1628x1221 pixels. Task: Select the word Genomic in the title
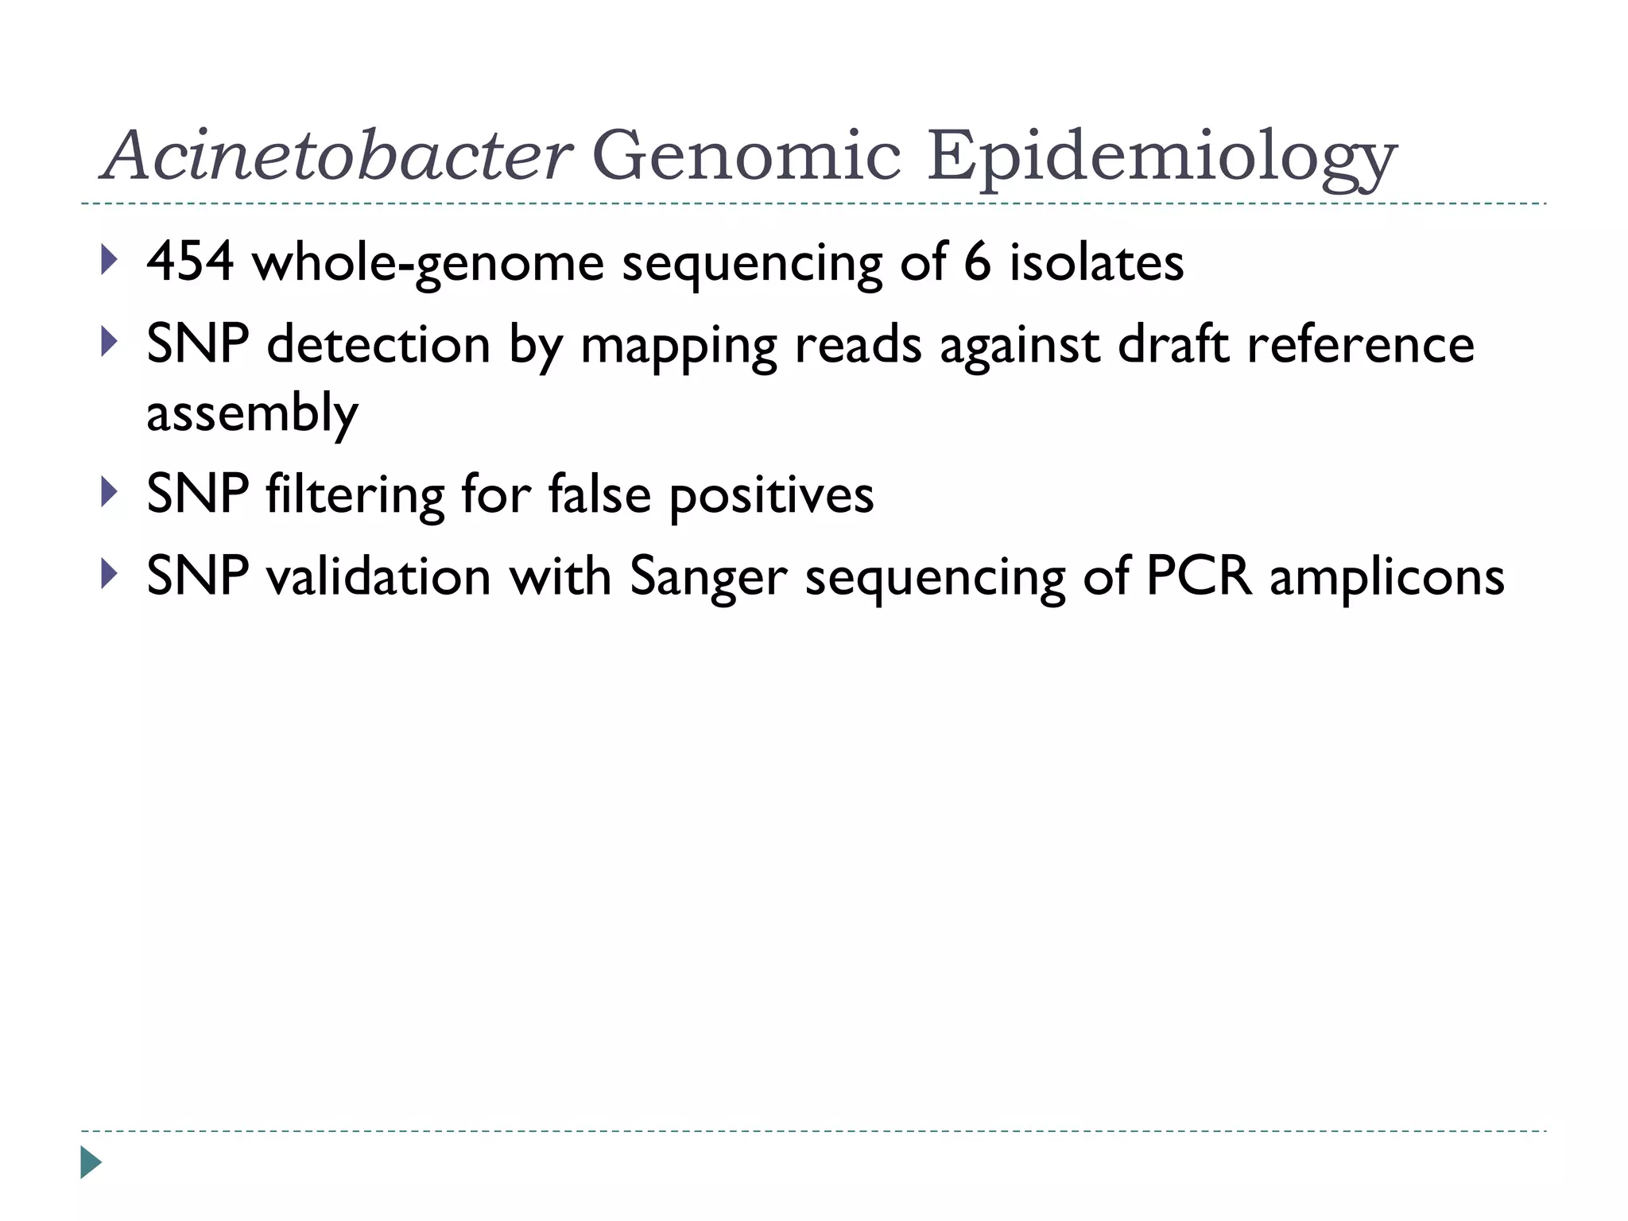coord(746,155)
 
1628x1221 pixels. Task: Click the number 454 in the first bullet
coord(190,262)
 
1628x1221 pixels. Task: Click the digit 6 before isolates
coord(977,262)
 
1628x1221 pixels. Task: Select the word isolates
coord(1096,262)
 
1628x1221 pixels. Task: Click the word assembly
coord(252,413)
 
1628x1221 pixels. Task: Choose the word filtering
coord(355,494)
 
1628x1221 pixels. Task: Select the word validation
coord(378,576)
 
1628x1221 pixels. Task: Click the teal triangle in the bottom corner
coord(91,1162)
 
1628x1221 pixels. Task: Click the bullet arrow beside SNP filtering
coord(110,492)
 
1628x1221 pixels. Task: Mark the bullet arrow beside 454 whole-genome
coord(110,260)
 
